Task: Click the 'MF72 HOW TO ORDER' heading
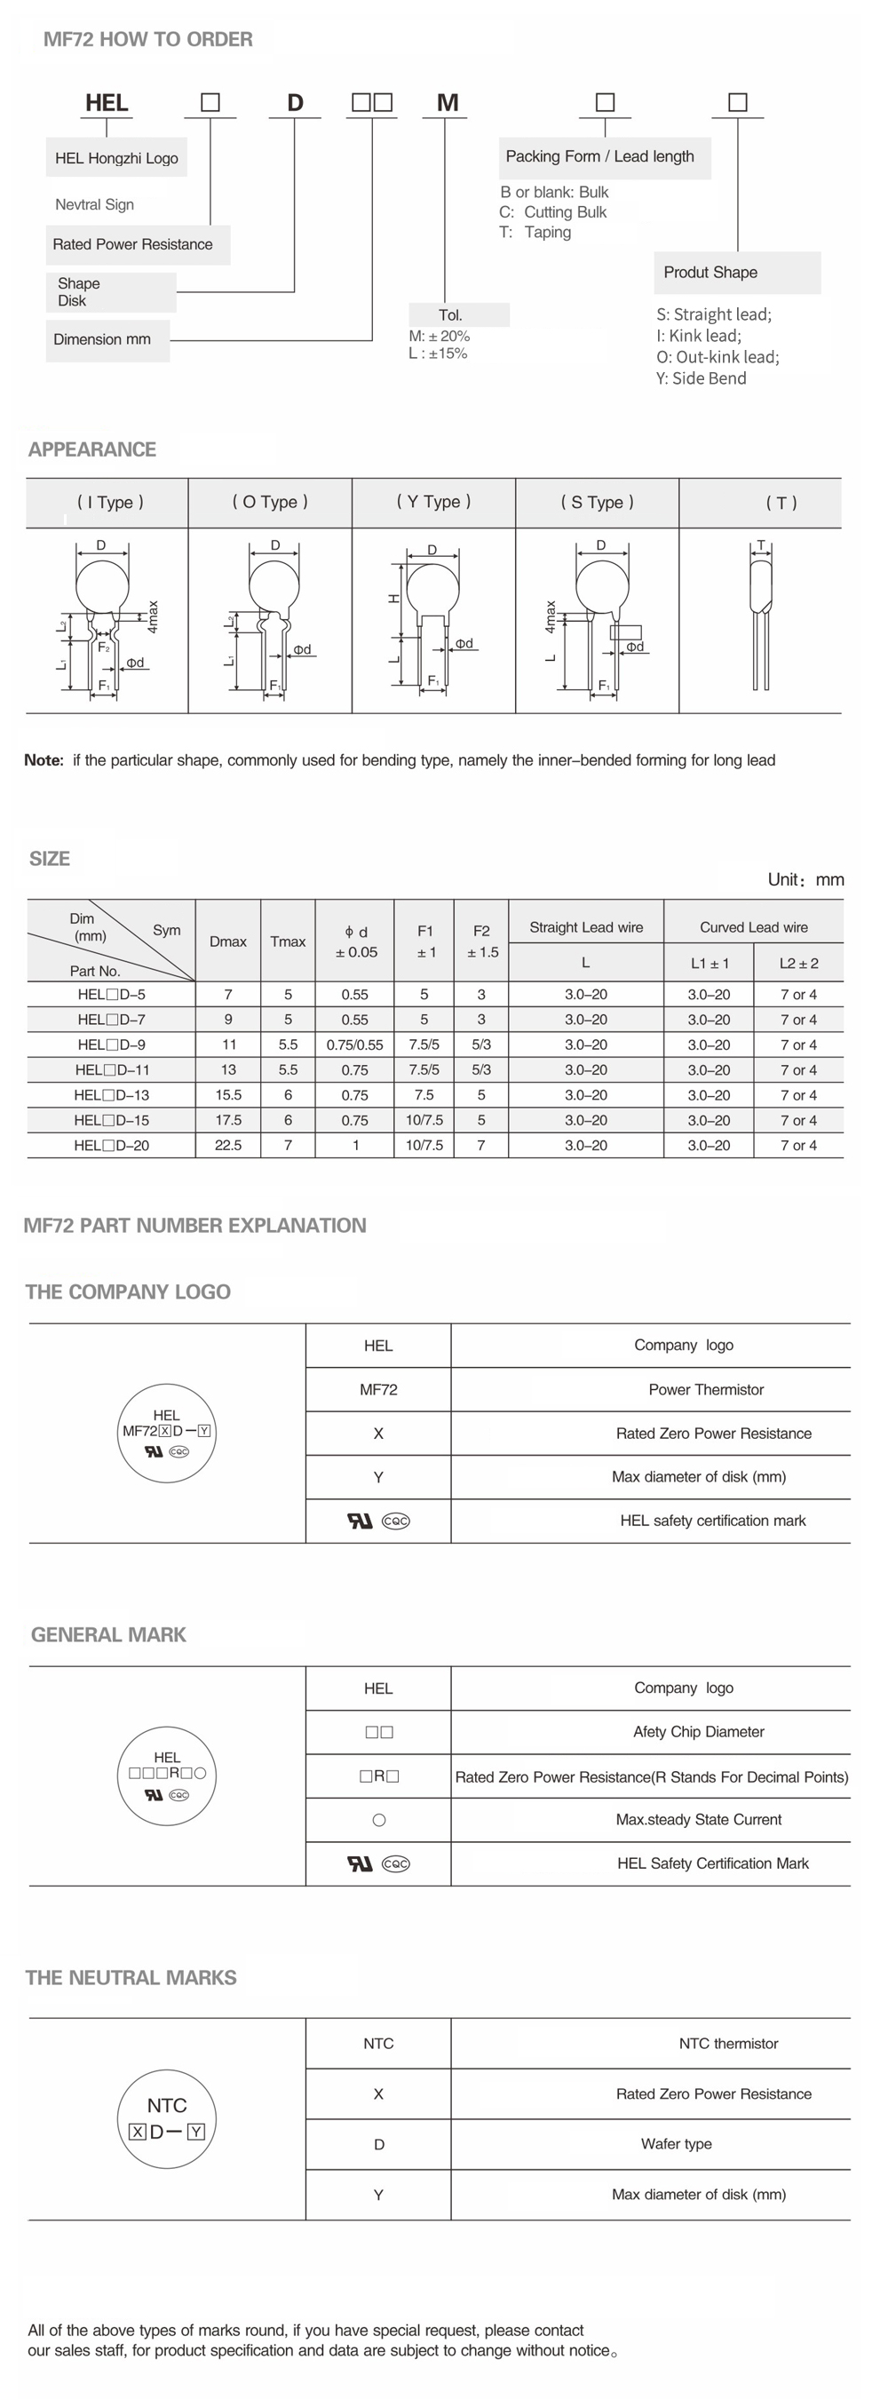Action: coord(148,39)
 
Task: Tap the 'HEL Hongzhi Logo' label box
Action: coord(116,157)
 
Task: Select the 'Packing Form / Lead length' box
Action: coord(600,156)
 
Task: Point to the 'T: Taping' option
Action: coord(536,232)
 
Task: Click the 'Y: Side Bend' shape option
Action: coord(701,378)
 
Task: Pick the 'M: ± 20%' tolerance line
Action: coord(440,335)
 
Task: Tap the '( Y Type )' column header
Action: coord(433,502)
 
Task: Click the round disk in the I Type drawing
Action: coord(100,584)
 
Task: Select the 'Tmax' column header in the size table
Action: coord(288,941)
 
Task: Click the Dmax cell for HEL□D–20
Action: coord(228,1146)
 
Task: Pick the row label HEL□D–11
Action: coord(112,1070)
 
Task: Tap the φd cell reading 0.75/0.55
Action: coord(354,1045)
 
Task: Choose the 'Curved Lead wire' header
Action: coord(753,926)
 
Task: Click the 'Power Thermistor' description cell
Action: coord(706,1389)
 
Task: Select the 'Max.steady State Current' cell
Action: coord(698,1819)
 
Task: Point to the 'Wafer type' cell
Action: coord(676,2143)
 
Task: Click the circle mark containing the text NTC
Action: coord(168,2118)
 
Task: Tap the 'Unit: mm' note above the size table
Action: coord(805,879)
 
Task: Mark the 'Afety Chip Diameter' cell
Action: coord(698,1731)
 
